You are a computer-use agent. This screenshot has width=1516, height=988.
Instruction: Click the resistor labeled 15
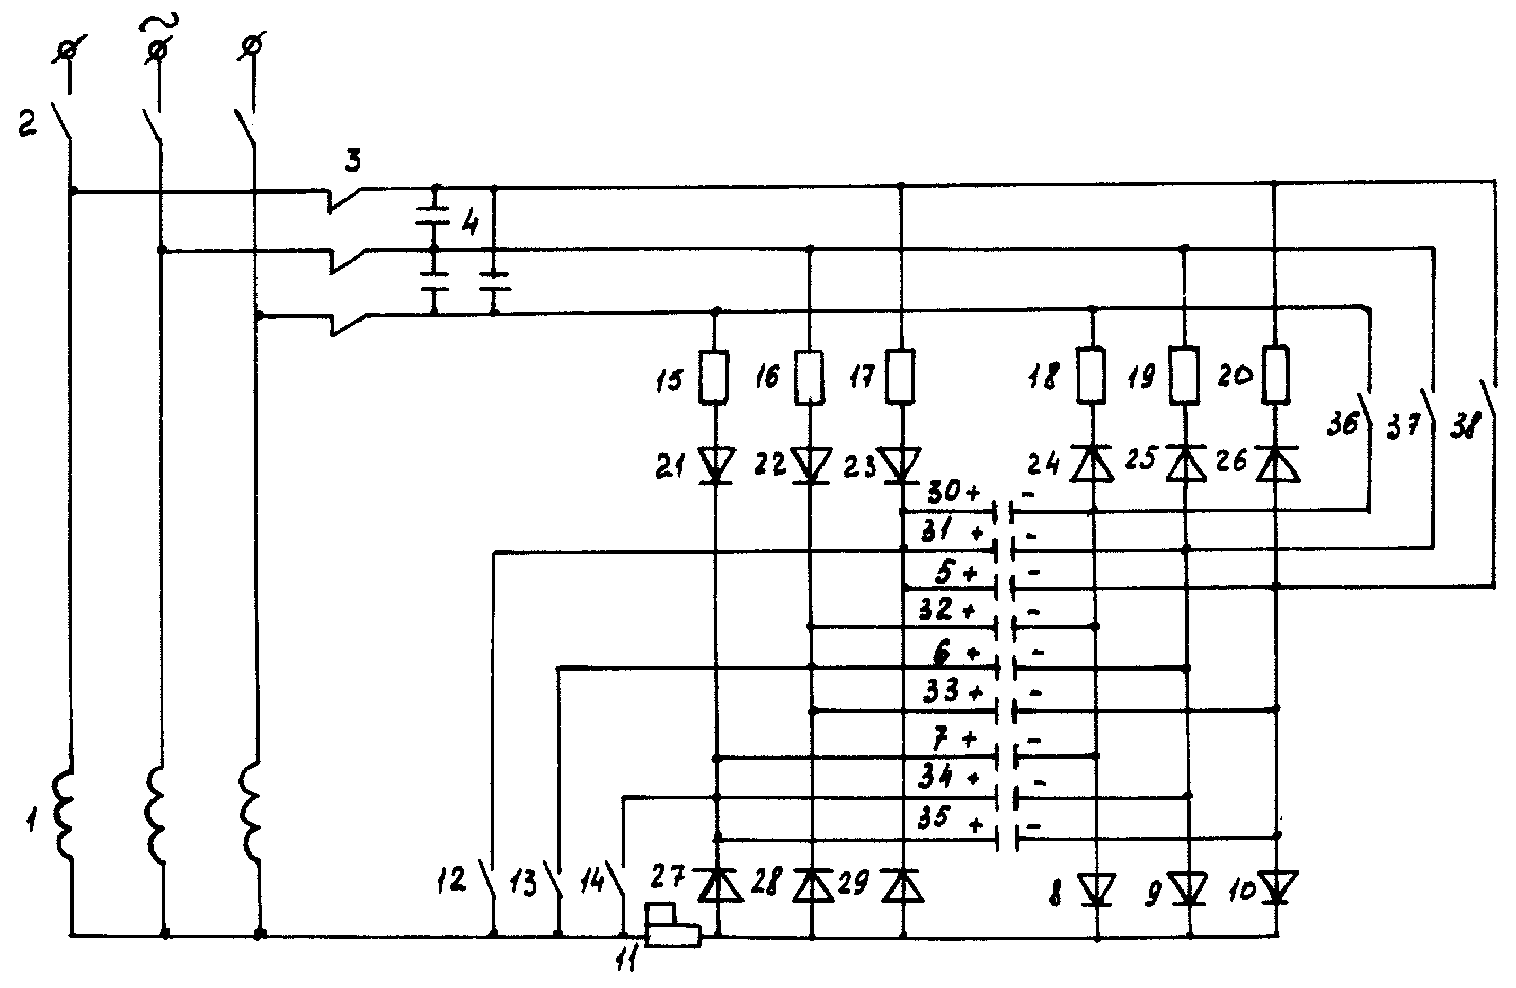coord(714,377)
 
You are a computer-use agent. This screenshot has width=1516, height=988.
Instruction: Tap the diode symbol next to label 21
coord(716,466)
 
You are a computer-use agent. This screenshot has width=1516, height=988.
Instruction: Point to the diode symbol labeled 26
coord(1276,463)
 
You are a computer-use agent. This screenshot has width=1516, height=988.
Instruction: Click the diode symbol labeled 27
coord(719,885)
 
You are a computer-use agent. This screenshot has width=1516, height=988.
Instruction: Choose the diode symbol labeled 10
coord(1277,888)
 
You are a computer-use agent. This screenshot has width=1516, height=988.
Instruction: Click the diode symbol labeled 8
coord(1096,890)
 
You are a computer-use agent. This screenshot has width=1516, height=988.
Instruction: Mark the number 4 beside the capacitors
coord(470,221)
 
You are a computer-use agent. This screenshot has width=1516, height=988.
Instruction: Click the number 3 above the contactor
coord(353,161)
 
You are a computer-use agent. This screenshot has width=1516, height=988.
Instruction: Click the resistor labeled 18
coord(1091,375)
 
